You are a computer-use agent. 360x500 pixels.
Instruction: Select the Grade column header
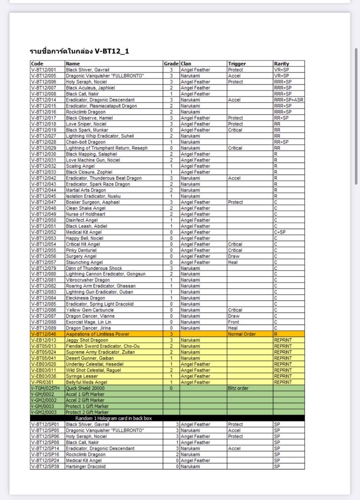171,64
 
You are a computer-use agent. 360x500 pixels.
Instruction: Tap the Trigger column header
237,64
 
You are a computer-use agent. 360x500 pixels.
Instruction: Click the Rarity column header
281,64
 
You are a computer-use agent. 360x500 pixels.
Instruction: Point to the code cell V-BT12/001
43,70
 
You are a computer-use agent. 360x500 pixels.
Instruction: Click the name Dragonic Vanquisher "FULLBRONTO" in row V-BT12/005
105,76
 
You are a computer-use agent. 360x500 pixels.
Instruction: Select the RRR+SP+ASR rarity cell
288,100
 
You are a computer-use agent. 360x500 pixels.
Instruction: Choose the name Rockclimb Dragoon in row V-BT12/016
86,112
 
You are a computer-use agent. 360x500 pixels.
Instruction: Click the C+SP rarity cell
281,232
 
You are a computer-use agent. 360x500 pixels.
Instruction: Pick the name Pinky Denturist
82,250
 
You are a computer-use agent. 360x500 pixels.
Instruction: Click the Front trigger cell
233,322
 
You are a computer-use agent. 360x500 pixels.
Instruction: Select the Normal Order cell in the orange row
242,334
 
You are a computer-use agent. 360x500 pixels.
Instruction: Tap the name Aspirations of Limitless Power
98,334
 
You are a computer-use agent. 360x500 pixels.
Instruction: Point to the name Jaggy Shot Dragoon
87,340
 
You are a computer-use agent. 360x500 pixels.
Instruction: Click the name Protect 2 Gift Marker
87,412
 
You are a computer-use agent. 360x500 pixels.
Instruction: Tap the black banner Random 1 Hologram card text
113,418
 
